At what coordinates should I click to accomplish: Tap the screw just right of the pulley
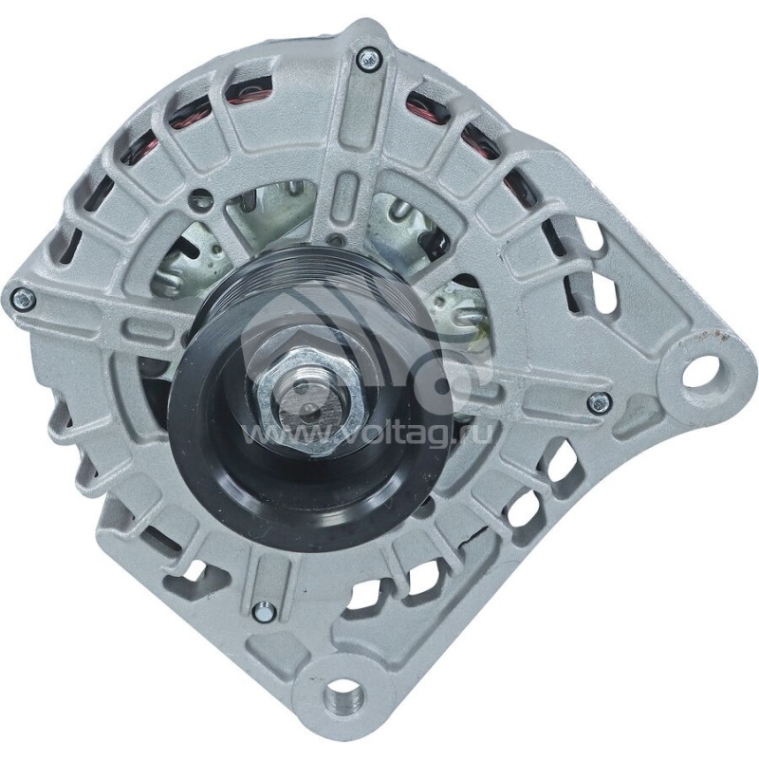click(598, 402)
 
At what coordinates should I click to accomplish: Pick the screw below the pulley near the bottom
click(265, 611)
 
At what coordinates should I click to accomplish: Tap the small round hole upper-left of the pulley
click(200, 201)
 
